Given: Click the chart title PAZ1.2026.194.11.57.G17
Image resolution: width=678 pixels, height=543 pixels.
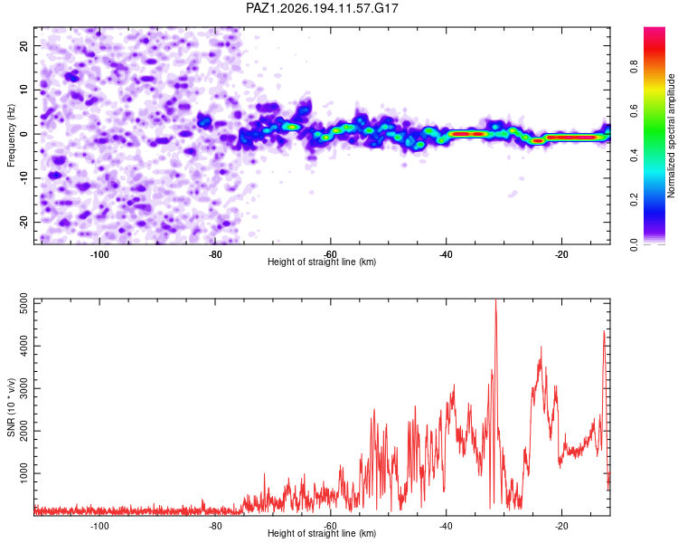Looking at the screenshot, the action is pyautogui.click(x=322, y=8).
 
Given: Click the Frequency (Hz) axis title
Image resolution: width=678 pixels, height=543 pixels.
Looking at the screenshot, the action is pyautogui.click(x=11, y=136).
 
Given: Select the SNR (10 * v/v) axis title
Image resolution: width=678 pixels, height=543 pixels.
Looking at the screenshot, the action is pyautogui.click(x=11, y=407).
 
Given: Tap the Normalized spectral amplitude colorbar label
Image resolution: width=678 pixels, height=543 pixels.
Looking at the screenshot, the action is pyautogui.click(x=671, y=136).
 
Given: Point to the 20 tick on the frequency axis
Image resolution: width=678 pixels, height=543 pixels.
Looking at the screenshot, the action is pyautogui.click(x=24, y=45).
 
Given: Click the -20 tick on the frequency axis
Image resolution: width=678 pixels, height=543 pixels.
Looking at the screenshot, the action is pyautogui.click(x=24, y=222).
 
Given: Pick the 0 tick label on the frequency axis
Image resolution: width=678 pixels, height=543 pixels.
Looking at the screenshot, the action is pyautogui.click(x=24, y=134).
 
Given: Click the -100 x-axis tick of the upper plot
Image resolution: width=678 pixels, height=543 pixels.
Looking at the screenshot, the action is pyautogui.click(x=99, y=254).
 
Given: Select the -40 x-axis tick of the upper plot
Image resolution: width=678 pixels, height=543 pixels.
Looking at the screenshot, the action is pyautogui.click(x=446, y=254).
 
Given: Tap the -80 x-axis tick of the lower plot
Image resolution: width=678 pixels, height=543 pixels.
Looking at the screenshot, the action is pyautogui.click(x=215, y=526).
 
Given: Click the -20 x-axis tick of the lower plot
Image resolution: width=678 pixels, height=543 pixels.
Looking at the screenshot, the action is pyautogui.click(x=561, y=526).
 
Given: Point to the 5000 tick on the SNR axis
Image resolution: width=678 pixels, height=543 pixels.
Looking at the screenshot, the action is pyautogui.click(x=24, y=303).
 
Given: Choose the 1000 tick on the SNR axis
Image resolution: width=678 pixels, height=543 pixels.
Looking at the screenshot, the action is pyautogui.click(x=24, y=473).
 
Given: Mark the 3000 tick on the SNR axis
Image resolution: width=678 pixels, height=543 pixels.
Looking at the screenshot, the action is pyautogui.click(x=24, y=388).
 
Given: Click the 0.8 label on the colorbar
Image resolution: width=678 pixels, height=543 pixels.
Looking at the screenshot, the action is pyautogui.click(x=634, y=67).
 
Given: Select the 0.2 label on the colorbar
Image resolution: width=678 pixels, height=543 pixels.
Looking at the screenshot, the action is pyautogui.click(x=634, y=200).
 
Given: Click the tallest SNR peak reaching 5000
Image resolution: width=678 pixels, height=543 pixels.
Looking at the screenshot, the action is pyautogui.click(x=495, y=300).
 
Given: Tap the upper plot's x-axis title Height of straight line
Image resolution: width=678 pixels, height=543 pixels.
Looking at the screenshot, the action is pyautogui.click(x=322, y=262).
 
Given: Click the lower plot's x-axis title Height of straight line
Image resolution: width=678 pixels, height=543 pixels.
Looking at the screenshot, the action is pyautogui.click(x=322, y=533).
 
